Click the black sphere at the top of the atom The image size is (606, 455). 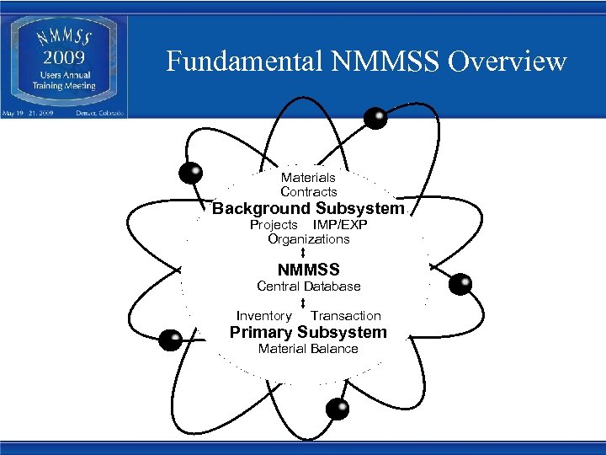pos(375,118)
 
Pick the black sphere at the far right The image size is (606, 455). pos(460,285)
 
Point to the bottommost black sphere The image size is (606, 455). pos(338,409)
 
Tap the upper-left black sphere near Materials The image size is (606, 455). pos(192,172)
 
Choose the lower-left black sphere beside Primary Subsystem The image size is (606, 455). pos(171,340)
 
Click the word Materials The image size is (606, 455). pos(308,178)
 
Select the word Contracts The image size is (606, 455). pos(308,192)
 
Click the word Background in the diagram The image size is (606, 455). pos(260,208)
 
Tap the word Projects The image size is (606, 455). pos(274,225)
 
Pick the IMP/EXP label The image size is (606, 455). pos(340,225)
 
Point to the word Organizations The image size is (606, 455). pos(308,239)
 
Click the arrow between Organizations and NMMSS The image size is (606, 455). pos(302,253)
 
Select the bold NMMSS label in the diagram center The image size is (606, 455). pos(308,270)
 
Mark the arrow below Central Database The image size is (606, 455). pos(302,301)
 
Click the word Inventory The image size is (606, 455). pos(263,316)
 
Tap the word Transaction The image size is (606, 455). pos(346,316)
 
